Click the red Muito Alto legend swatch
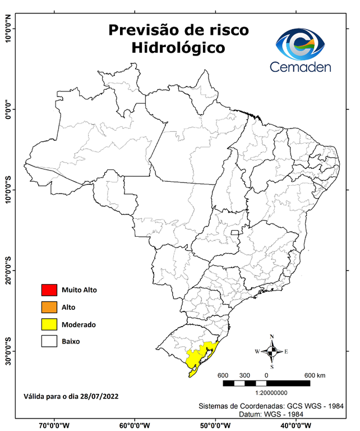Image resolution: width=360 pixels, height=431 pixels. coord(49,290)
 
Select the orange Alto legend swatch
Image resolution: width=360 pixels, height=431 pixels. coord(49,307)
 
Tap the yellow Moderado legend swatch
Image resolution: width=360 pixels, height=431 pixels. coord(49,324)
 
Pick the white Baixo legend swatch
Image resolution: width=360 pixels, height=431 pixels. coord(49,341)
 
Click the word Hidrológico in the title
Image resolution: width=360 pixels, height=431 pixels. coord(178,49)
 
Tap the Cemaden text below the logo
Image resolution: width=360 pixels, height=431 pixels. coord(301,67)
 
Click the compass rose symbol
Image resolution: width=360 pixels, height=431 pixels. coord(272,352)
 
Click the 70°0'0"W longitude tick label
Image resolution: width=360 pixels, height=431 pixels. coord(54,425)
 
